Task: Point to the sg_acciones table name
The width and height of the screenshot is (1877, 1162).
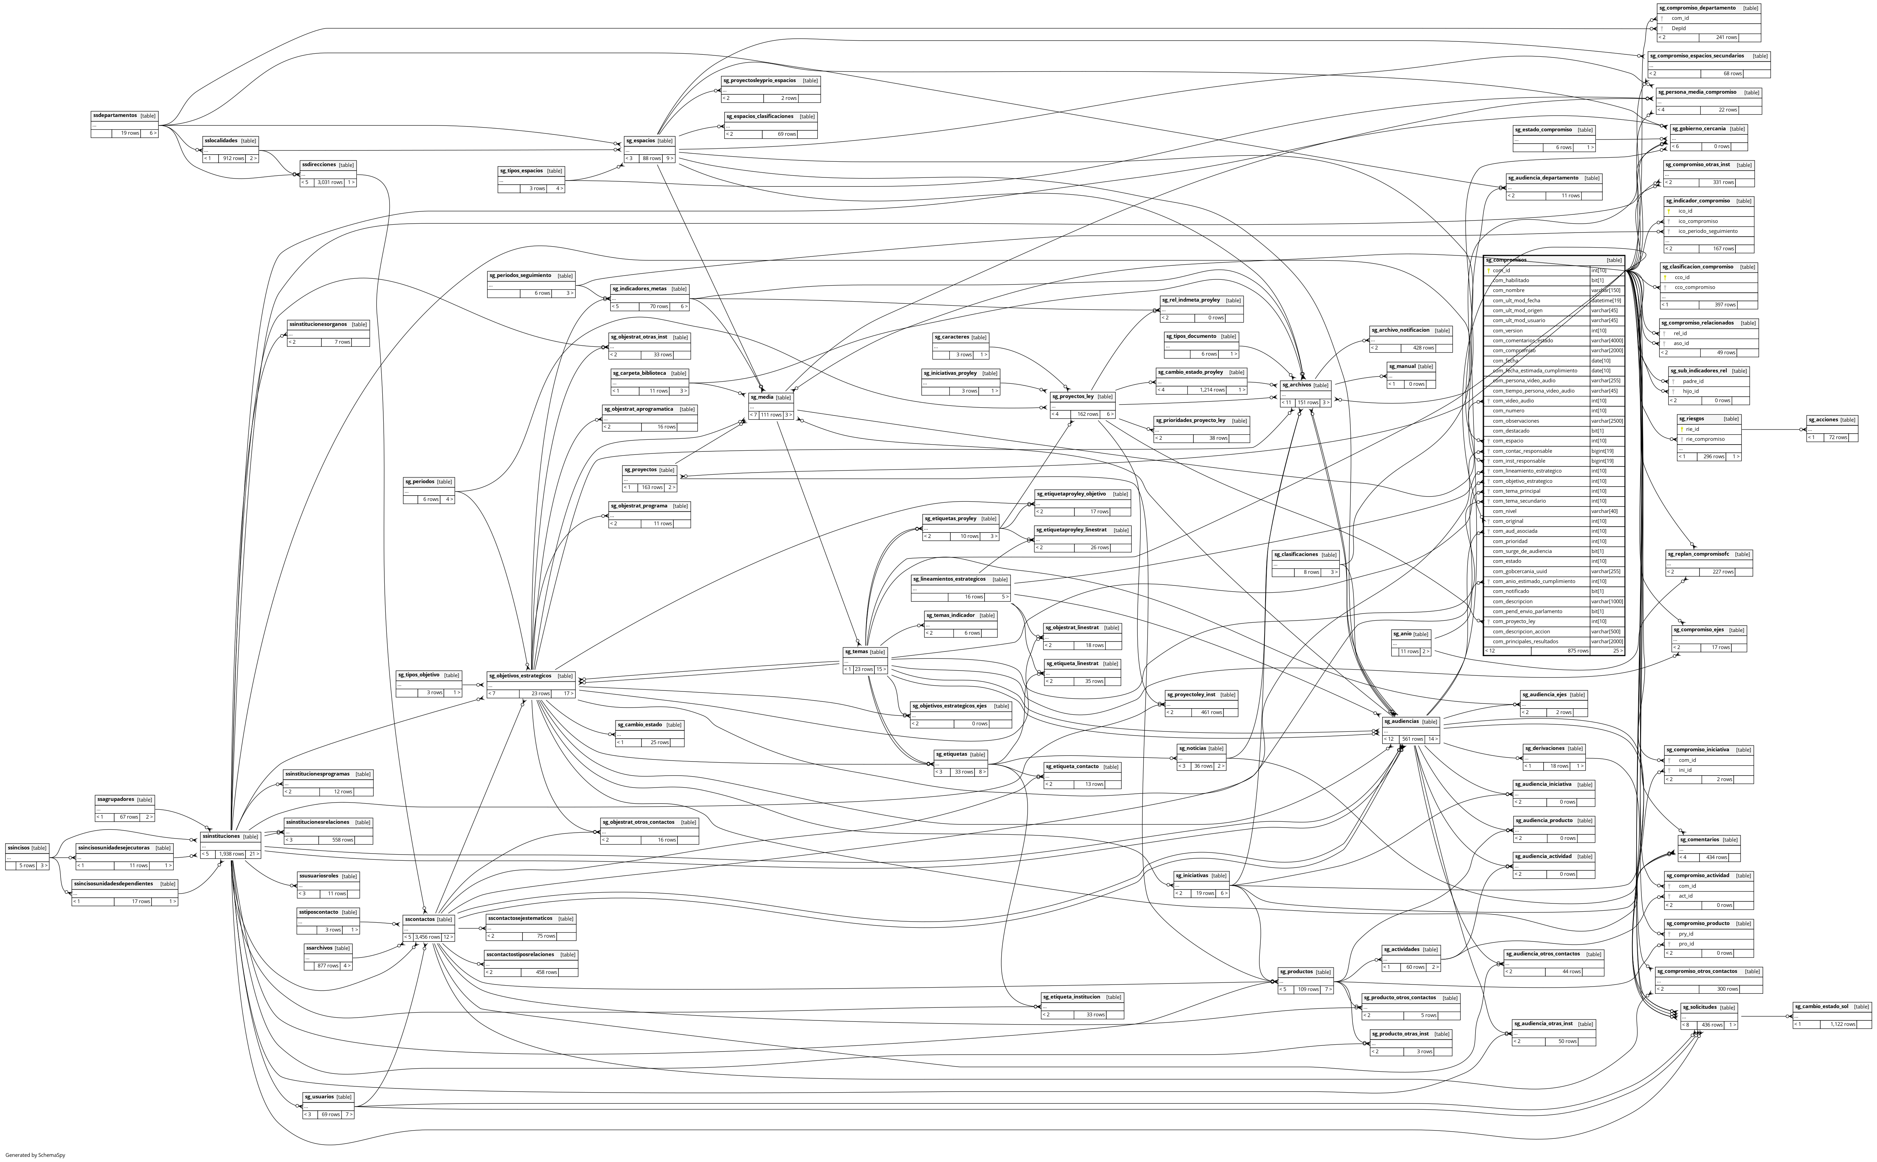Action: (x=1822, y=420)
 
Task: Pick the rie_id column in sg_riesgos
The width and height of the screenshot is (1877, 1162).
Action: (x=1693, y=430)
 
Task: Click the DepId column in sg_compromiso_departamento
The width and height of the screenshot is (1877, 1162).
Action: (x=1679, y=28)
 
